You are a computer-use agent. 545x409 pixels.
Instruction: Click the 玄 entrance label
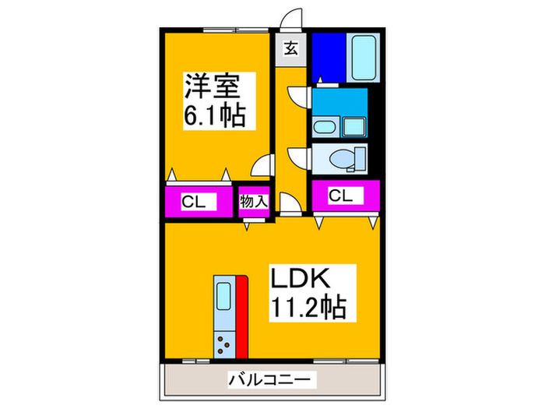[x=291, y=48]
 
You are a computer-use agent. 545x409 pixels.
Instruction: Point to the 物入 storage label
[x=254, y=201]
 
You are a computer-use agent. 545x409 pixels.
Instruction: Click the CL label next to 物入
[x=194, y=201]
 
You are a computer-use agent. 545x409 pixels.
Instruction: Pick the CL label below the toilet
[x=341, y=196]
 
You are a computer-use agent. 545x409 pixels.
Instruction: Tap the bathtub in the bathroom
[x=364, y=58]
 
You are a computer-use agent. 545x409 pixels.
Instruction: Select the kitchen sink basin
[x=223, y=296]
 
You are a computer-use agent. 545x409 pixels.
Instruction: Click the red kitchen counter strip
[x=242, y=317]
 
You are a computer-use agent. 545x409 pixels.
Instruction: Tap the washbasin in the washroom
[x=325, y=127]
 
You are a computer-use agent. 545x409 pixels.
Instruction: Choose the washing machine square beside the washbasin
[x=353, y=127]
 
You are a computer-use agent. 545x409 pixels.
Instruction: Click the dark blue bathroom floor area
[x=329, y=58]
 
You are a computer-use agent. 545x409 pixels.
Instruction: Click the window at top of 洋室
[x=236, y=30]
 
